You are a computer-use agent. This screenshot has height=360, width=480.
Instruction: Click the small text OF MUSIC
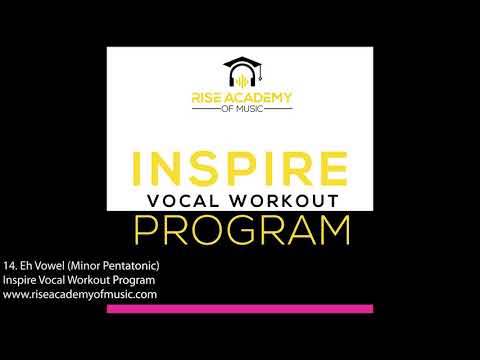[x=240, y=110]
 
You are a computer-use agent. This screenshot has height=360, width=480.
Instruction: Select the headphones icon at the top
[x=240, y=78]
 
